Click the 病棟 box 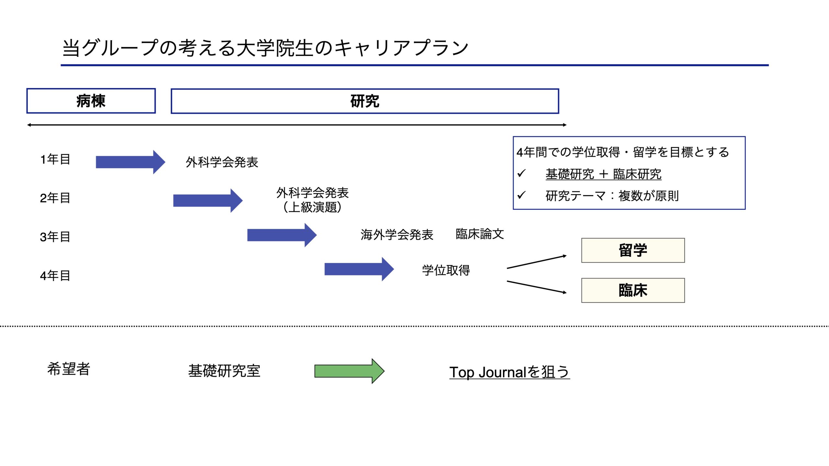pyautogui.click(x=91, y=101)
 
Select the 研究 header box pyautogui.click(x=365, y=101)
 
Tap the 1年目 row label pyautogui.click(x=55, y=159)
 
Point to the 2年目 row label pyautogui.click(x=55, y=198)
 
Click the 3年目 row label pyautogui.click(x=55, y=237)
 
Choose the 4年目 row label pyautogui.click(x=55, y=276)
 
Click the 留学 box pyautogui.click(x=633, y=250)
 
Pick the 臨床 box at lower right pyautogui.click(x=633, y=290)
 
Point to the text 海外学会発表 pyautogui.click(x=397, y=235)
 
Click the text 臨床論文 pyautogui.click(x=480, y=234)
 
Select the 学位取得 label pyautogui.click(x=446, y=270)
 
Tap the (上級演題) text pyautogui.click(x=312, y=207)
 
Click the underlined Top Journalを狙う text pyautogui.click(x=509, y=372)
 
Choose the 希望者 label pyautogui.click(x=69, y=369)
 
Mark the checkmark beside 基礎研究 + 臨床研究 pyautogui.click(x=521, y=173)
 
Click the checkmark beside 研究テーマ pyautogui.click(x=521, y=195)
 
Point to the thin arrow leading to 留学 pyautogui.click(x=536, y=262)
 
